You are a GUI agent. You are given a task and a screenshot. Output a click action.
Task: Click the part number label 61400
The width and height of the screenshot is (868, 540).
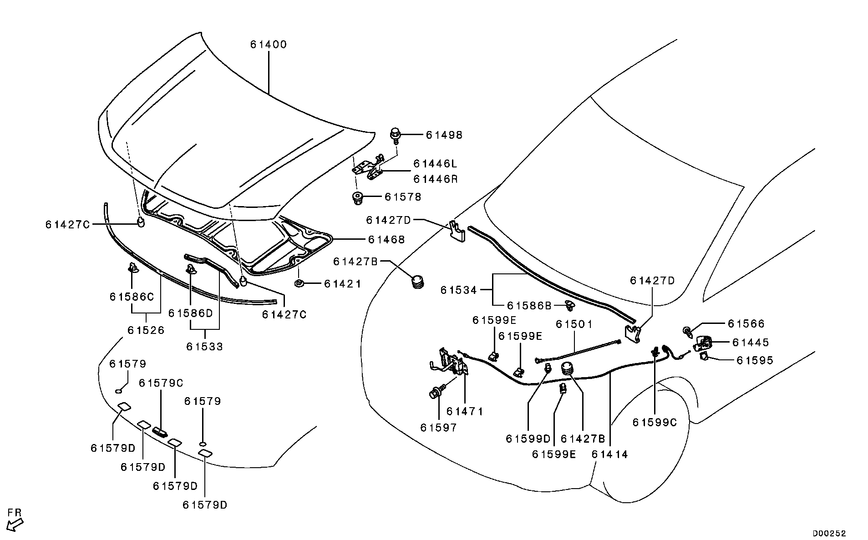pyautogui.click(x=268, y=45)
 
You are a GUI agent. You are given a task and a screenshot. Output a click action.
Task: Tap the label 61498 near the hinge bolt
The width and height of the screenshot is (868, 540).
pyautogui.click(x=444, y=135)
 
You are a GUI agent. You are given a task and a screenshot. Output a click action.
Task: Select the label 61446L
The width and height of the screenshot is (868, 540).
pyautogui.click(x=435, y=164)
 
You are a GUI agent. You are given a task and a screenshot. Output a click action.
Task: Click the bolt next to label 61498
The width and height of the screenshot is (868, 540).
pyautogui.click(x=395, y=134)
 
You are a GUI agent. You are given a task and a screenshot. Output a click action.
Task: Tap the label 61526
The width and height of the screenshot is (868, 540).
pyautogui.click(x=146, y=330)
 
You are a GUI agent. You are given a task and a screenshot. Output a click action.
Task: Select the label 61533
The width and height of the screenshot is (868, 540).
pyautogui.click(x=204, y=347)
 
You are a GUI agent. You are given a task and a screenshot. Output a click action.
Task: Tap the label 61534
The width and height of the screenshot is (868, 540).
pyautogui.click(x=458, y=290)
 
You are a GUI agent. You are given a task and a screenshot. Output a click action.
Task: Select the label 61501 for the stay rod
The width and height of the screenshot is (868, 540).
pyautogui.click(x=574, y=324)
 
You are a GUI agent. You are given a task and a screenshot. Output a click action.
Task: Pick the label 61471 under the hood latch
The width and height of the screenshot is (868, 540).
pyautogui.click(x=464, y=411)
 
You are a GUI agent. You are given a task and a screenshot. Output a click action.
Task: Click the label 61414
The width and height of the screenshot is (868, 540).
pyautogui.click(x=609, y=454)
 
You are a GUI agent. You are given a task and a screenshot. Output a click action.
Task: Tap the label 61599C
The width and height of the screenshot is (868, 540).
pyautogui.click(x=655, y=423)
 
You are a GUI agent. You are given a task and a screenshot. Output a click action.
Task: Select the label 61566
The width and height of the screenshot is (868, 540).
pyautogui.click(x=746, y=323)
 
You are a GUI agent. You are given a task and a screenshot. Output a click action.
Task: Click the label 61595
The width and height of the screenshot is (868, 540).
pyautogui.click(x=755, y=360)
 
